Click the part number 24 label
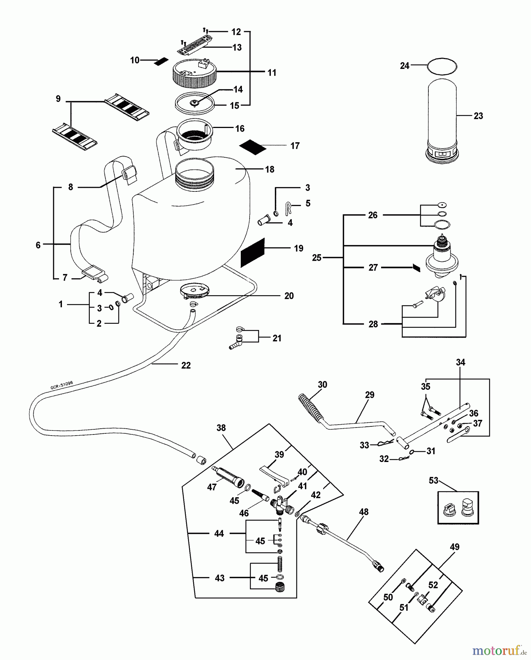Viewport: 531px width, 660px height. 404,66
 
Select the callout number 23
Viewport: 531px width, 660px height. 478,116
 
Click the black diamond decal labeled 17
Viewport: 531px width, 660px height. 252,146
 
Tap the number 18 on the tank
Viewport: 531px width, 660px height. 270,169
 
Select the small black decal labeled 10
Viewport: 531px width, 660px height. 161,61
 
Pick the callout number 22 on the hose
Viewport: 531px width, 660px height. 186,366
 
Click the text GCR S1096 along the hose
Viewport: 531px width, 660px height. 62,384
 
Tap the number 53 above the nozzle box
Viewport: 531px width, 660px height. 434,480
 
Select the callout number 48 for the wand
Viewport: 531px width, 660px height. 364,512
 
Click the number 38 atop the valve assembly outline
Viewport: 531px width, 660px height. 221,428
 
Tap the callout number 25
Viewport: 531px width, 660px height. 317,258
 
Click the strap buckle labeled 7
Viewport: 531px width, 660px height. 95,275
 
